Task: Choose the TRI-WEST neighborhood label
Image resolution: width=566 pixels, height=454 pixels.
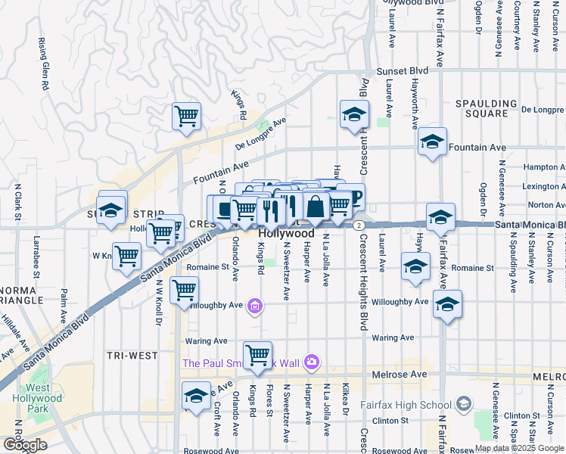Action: (132, 355)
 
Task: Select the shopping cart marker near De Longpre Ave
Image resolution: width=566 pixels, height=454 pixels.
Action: (186, 117)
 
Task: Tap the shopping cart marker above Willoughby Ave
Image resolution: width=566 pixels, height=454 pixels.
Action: (185, 290)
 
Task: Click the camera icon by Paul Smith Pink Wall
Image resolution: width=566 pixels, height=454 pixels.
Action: (311, 362)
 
